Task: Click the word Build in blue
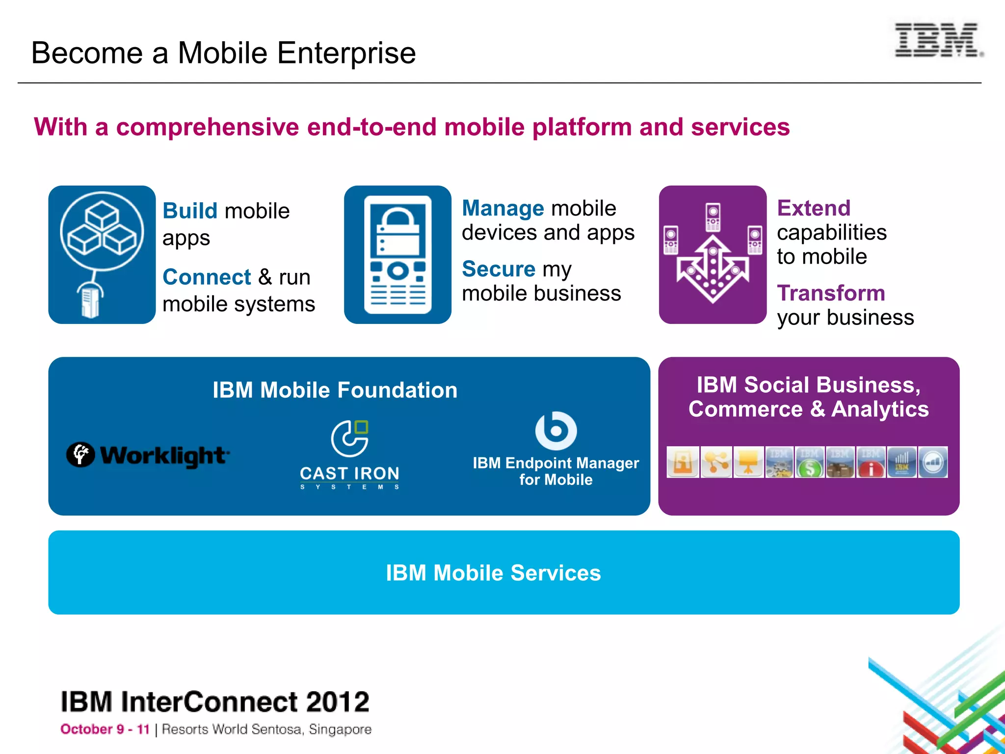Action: tap(189, 211)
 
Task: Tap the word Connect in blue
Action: tap(207, 277)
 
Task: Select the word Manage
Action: tap(503, 209)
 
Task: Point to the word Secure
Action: tap(499, 269)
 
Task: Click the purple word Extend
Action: tap(814, 209)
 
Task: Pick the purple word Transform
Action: tap(831, 294)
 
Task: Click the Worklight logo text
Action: tap(164, 456)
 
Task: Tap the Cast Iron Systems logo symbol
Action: tap(350, 438)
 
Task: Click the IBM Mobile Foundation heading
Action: tap(335, 390)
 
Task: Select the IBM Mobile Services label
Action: tap(493, 573)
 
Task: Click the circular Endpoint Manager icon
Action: tap(555, 431)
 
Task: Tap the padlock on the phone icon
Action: tap(398, 231)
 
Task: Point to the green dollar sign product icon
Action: tap(810, 462)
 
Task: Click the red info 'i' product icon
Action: tap(871, 462)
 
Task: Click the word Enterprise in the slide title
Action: tap(346, 53)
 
